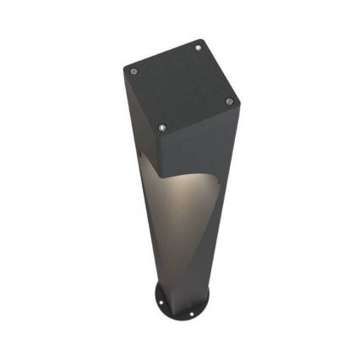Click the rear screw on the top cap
click(x=199, y=48)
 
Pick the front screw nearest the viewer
click(x=163, y=128)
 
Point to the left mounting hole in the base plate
click(x=161, y=297)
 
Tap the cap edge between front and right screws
click(x=197, y=116)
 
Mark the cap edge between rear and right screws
click(x=215, y=74)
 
